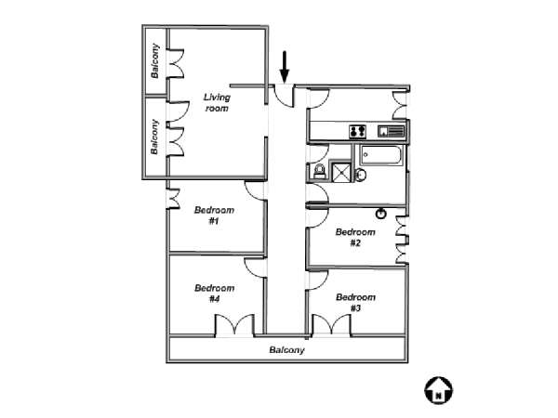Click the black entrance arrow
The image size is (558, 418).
[x=284, y=67]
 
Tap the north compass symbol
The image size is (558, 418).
[x=438, y=390]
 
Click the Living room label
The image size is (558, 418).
[x=217, y=102]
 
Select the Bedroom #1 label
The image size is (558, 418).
[x=214, y=216]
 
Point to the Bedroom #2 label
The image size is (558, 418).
[x=355, y=238]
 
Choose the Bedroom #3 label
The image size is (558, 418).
[x=355, y=303]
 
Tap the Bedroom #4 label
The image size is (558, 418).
[x=214, y=294]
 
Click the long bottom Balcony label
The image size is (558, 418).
[x=286, y=350]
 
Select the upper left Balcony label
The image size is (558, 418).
[x=154, y=60]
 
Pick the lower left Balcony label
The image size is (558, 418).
[x=154, y=137]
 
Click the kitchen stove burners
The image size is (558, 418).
[x=357, y=132]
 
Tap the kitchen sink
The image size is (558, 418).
[x=392, y=131]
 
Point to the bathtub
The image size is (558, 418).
[x=381, y=155]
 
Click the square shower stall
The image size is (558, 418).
[x=341, y=171]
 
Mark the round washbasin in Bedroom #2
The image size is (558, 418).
[x=381, y=214]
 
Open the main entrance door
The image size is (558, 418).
[x=285, y=96]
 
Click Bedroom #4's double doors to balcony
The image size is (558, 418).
[x=235, y=325]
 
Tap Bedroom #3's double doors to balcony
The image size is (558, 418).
[x=332, y=325]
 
